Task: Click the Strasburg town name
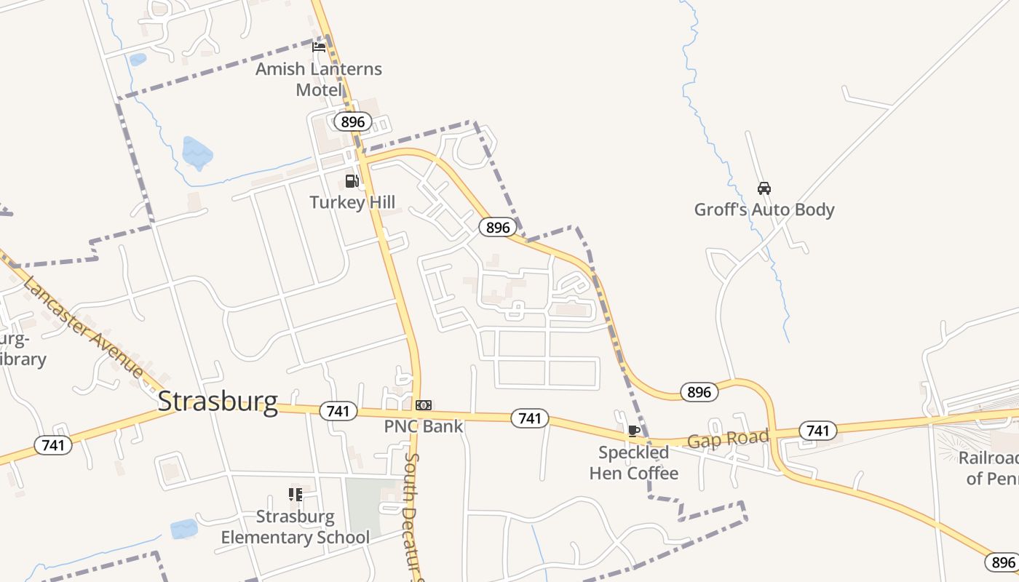tap(218, 402)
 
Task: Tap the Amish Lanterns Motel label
tap(319, 79)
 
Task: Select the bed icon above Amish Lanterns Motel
tap(319, 47)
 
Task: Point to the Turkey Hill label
tap(352, 202)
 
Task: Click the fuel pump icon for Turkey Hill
tap(352, 181)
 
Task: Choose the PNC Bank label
tap(423, 426)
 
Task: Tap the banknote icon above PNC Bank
tap(423, 405)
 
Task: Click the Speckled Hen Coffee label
tap(633, 463)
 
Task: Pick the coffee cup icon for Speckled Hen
tap(633, 431)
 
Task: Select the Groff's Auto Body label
tap(764, 210)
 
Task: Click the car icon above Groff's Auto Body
tap(764, 188)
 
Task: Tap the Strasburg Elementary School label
tap(295, 527)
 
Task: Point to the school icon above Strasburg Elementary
tap(295, 495)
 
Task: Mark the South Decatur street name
tap(413, 517)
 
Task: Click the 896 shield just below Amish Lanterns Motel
tap(352, 121)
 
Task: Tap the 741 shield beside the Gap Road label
tap(817, 431)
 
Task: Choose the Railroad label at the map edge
tap(988, 468)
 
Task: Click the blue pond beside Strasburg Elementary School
tap(184, 529)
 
